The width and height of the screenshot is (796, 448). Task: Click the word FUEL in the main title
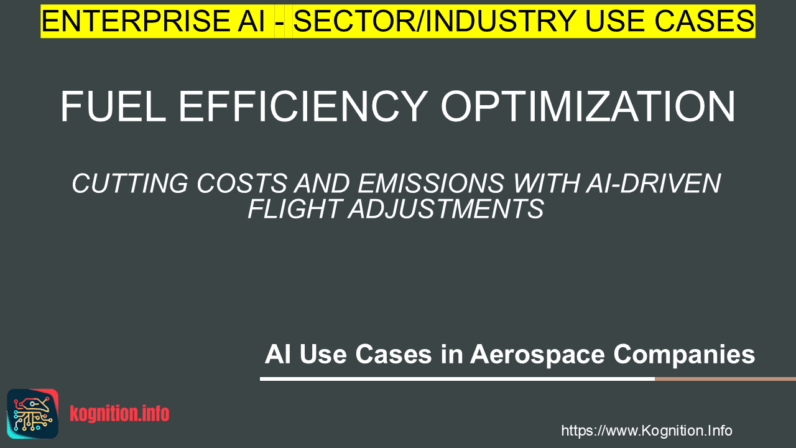tap(113, 106)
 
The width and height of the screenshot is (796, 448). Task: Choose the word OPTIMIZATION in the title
tap(588, 106)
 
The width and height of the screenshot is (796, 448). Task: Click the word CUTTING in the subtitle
tap(130, 184)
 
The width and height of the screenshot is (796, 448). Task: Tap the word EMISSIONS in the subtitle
tap(431, 184)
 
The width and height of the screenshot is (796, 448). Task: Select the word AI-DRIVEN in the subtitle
tap(653, 184)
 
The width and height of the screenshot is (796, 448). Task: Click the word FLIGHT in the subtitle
tap(295, 208)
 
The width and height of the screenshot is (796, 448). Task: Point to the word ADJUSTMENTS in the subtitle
tap(446, 208)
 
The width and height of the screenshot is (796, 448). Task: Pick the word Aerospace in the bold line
tap(537, 355)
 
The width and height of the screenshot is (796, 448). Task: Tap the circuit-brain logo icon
tap(33, 414)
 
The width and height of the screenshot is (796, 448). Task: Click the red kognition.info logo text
tap(119, 414)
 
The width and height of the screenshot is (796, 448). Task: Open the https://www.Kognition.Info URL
tap(646, 431)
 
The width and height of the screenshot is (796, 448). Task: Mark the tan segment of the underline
tap(725, 379)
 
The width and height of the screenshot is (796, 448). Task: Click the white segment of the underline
tap(457, 379)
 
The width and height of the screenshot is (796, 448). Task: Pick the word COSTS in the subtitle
tap(242, 184)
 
